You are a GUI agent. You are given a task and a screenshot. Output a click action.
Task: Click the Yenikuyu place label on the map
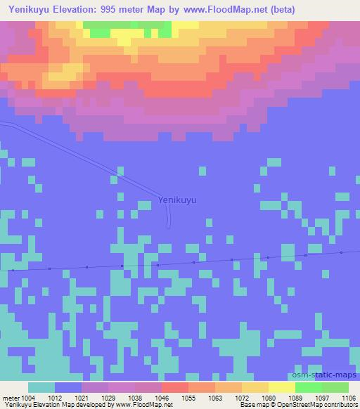coord(177,200)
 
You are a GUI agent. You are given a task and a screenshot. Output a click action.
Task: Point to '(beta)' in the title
coord(281,10)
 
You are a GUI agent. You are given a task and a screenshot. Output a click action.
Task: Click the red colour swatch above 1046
coord(174,387)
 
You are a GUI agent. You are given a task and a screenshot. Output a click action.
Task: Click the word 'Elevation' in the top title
coord(76,10)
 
